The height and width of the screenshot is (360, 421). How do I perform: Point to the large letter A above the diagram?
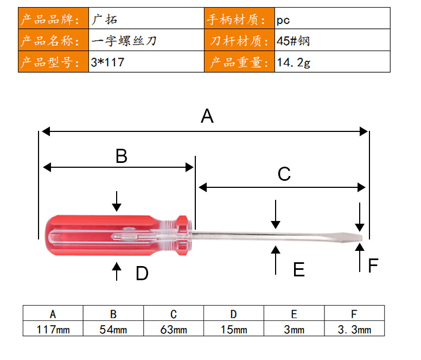pos(207,116)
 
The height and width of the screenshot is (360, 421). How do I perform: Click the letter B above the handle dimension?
pos(122,156)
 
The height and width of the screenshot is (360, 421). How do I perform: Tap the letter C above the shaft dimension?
pos(284,174)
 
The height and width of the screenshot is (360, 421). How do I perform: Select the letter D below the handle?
pos(142,273)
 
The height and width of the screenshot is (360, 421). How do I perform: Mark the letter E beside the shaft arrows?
pos(299,269)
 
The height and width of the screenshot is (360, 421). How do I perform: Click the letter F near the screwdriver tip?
pos(373,265)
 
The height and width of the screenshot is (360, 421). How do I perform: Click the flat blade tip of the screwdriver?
pos(361,237)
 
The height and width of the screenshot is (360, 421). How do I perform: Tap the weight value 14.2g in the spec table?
pos(294,62)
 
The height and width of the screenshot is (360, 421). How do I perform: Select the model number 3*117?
pos(107,62)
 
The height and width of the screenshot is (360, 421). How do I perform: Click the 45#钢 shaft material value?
pos(293,41)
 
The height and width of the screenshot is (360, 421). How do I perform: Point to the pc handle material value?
pos(283,21)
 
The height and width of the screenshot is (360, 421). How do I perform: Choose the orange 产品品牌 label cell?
pos(53,18)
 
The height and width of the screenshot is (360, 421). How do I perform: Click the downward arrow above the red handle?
pos(117,201)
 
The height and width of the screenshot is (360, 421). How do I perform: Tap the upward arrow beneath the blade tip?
pos(360,257)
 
